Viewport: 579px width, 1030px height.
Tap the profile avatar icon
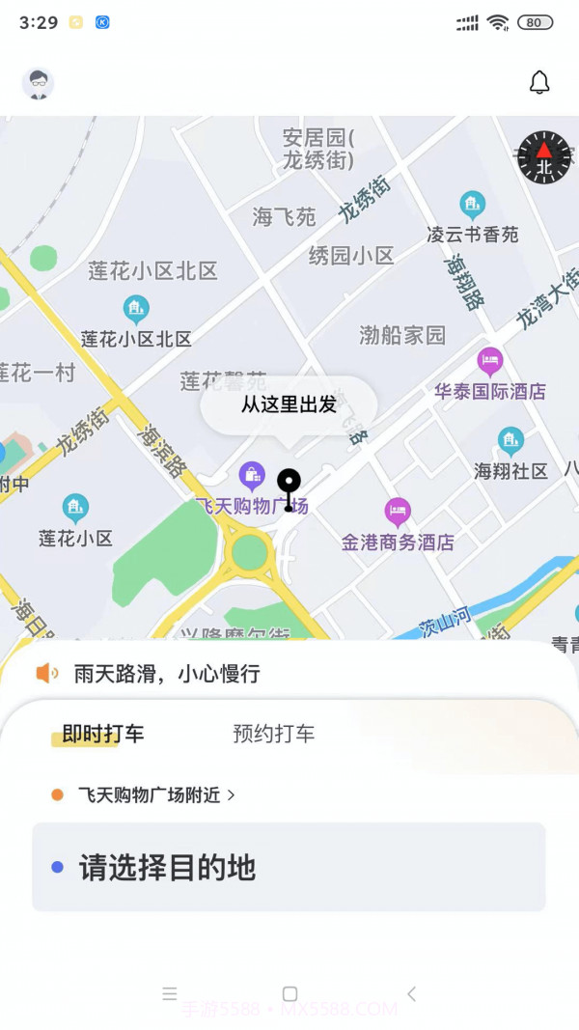click(38, 84)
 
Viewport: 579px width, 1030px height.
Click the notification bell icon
click(539, 83)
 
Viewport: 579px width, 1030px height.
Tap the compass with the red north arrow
click(544, 157)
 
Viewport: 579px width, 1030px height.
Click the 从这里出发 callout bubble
click(289, 404)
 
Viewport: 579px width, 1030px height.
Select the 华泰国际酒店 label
click(490, 391)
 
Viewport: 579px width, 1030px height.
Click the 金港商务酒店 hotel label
click(398, 543)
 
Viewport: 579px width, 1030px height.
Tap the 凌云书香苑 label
click(473, 234)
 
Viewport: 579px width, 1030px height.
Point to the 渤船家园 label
click(402, 335)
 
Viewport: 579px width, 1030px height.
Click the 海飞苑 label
click(285, 217)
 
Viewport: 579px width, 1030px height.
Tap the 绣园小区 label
click(351, 256)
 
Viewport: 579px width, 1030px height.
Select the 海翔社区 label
click(510, 471)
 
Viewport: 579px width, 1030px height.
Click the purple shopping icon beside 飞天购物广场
click(252, 475)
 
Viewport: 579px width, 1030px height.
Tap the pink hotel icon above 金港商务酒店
click(398, 512)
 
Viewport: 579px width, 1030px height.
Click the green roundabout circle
click(250, 552)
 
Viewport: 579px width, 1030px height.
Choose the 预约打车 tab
click(273, 734)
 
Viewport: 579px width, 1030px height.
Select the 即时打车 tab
click(102, 734)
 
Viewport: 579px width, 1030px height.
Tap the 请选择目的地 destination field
click(289, 867)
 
